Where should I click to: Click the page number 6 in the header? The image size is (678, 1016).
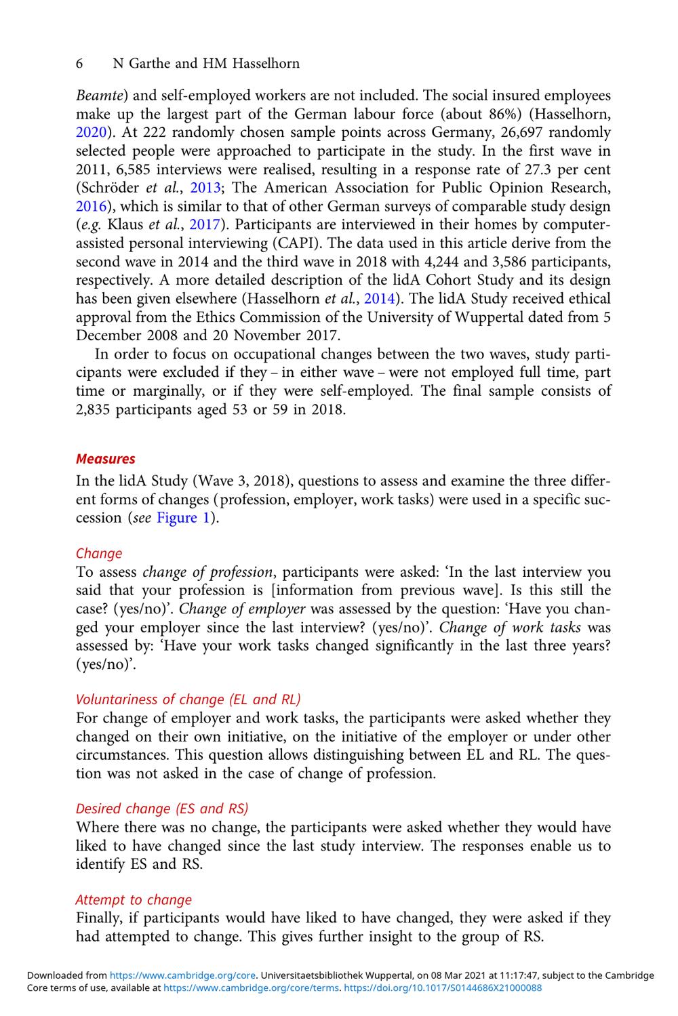point(80,64)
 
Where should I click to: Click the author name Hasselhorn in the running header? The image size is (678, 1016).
point(266,64)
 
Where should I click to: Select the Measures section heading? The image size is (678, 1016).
point(105,459)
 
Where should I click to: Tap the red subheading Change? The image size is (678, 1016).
point(99,553)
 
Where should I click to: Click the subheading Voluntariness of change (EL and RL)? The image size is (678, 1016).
point(188,699)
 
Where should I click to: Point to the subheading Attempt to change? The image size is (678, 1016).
point(134,899)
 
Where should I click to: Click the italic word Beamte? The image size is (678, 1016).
point(98,95)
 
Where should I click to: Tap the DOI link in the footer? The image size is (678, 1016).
point(443,988)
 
